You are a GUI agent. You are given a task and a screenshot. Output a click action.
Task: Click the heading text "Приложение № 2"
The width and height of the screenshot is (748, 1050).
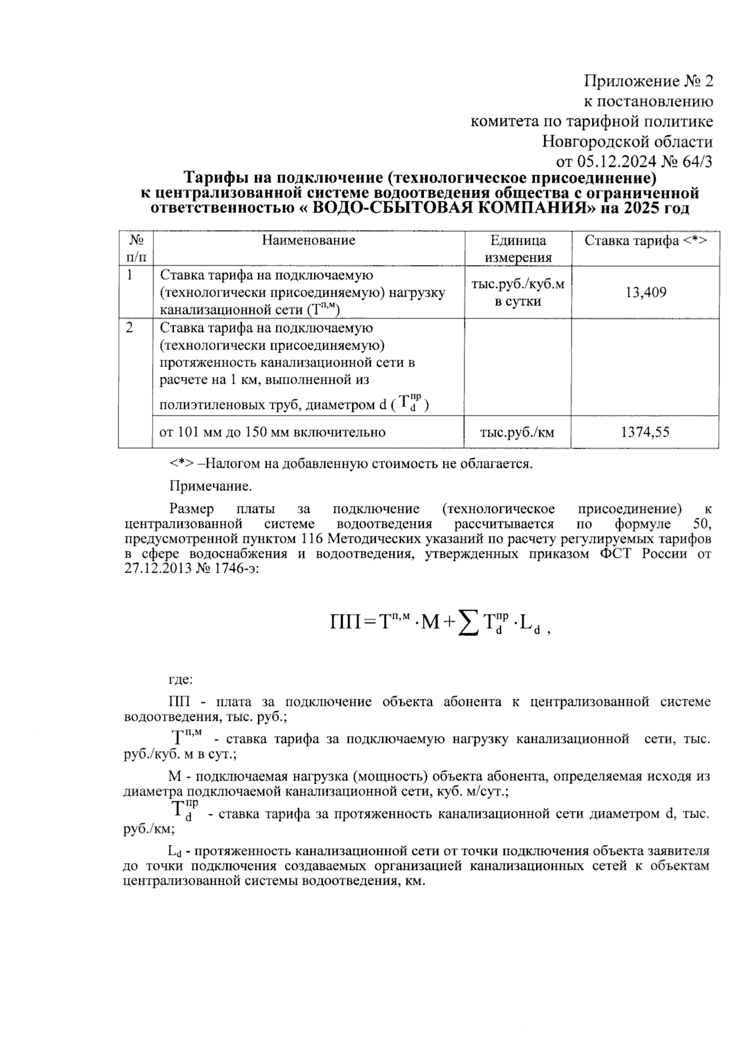pos(648,81)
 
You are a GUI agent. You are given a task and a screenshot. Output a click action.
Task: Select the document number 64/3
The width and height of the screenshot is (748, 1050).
pos(694,161)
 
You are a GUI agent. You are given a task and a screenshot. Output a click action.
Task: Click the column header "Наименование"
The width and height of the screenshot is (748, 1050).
pos(309,241)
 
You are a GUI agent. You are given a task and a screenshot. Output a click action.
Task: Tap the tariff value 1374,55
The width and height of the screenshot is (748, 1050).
pos(645,432)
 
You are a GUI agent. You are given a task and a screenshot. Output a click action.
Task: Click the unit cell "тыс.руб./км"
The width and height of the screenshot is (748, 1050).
pos(517,432)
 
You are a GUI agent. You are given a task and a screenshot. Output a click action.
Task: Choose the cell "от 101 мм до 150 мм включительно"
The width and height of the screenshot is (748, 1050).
pos(272,432)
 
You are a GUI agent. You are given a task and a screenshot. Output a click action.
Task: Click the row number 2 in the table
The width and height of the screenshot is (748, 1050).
pos(129,328)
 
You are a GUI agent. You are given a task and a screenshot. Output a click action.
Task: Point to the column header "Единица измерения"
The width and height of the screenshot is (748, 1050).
pos(518,249)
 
